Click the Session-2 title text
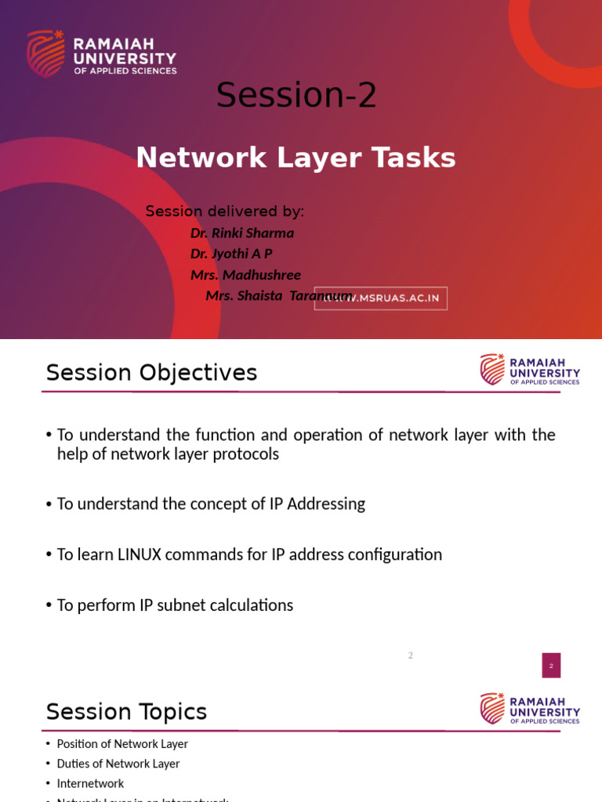296,96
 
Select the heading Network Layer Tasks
296,157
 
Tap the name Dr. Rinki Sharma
242,233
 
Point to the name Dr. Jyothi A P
231,254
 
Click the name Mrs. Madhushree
245,275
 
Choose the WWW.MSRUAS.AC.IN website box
381,298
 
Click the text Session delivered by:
225,211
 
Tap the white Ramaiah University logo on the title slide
102,54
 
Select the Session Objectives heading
151,373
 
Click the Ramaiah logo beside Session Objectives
530,370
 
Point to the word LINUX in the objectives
139,555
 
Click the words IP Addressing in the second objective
317,504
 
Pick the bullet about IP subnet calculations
175,605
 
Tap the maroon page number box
551,665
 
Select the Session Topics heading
126,712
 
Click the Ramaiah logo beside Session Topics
530,709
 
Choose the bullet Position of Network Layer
122,744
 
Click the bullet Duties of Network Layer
118,764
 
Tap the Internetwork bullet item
90,783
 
